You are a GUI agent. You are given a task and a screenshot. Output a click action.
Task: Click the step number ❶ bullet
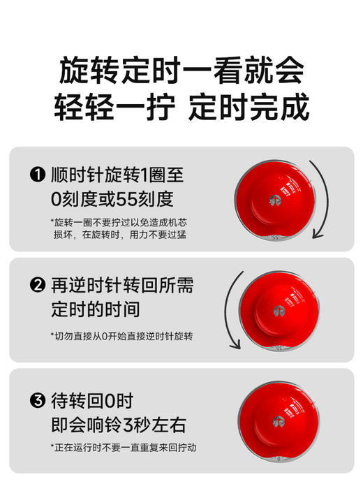[x=38, y=175]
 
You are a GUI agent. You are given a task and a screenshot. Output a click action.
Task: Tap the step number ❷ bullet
[x=38, y=286]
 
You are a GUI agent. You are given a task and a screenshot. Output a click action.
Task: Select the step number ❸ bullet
[x=38, y=402]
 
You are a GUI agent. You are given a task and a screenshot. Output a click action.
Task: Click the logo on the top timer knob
[x=275, y=200]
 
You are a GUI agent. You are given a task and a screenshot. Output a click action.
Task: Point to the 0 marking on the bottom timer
[x=278, y=459]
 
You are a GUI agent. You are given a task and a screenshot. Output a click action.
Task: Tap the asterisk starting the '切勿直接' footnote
[x=52, y=336]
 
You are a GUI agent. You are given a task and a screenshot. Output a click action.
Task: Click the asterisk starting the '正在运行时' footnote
[x=52, y=447]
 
